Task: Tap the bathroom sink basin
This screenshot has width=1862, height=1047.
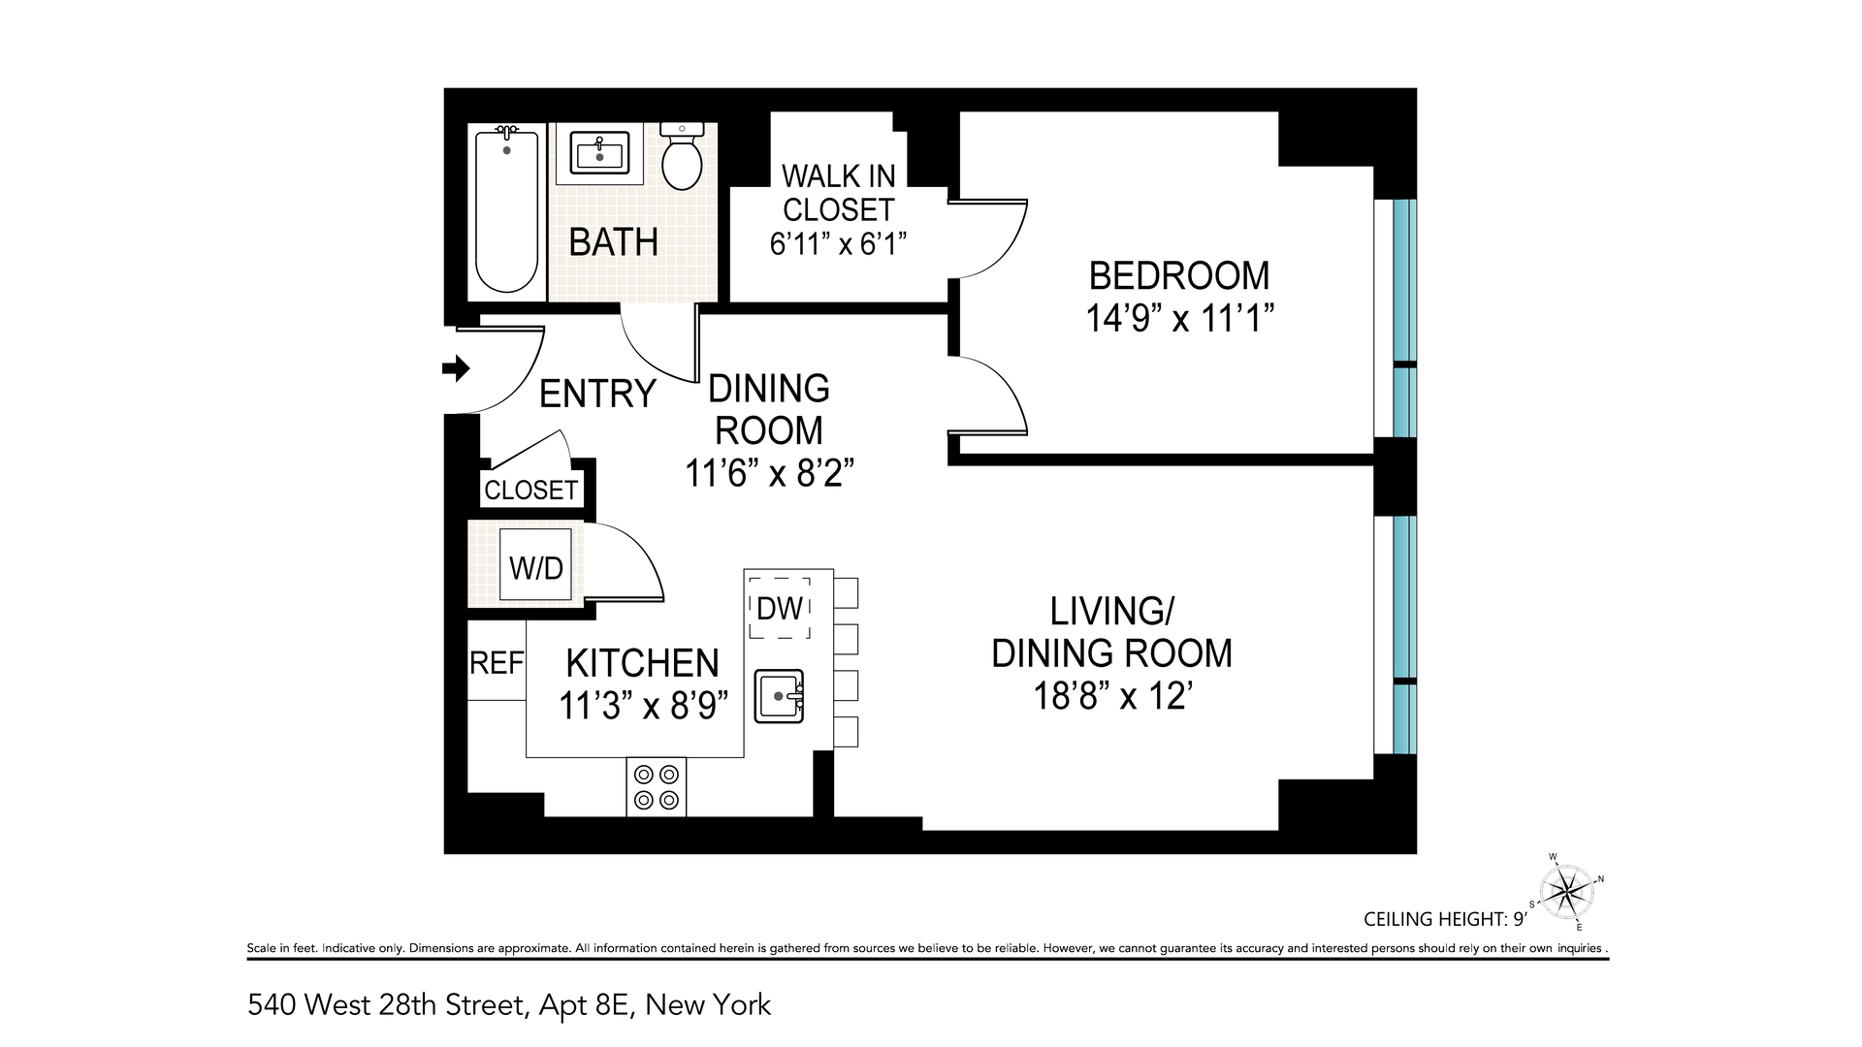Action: [599, 153]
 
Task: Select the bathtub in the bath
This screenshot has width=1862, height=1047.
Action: [506, 210]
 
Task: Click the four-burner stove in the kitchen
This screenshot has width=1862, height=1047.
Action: [657, 787]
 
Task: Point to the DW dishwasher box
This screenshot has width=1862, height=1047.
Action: [780, 608]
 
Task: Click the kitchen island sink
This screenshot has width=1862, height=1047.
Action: [780, 695]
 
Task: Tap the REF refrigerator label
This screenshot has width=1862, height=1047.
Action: [497, 663]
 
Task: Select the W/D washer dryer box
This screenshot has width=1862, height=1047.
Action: [536, 567]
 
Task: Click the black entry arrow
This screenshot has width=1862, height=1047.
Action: [456, 368]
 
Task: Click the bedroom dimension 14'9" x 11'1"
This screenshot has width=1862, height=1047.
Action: [1178, 318]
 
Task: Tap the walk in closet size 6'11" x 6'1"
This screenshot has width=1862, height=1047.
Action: [838, 243]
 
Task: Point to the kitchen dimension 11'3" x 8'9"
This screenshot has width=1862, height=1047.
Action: [643, 706]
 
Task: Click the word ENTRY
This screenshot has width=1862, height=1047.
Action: [597, 394]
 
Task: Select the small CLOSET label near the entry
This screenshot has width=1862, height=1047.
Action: [530, 491]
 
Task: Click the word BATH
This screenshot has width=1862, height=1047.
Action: [613, 241]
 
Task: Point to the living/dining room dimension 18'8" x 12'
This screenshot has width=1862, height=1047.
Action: [1111, 696]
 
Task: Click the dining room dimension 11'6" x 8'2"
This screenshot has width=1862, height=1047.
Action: [769, 474]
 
